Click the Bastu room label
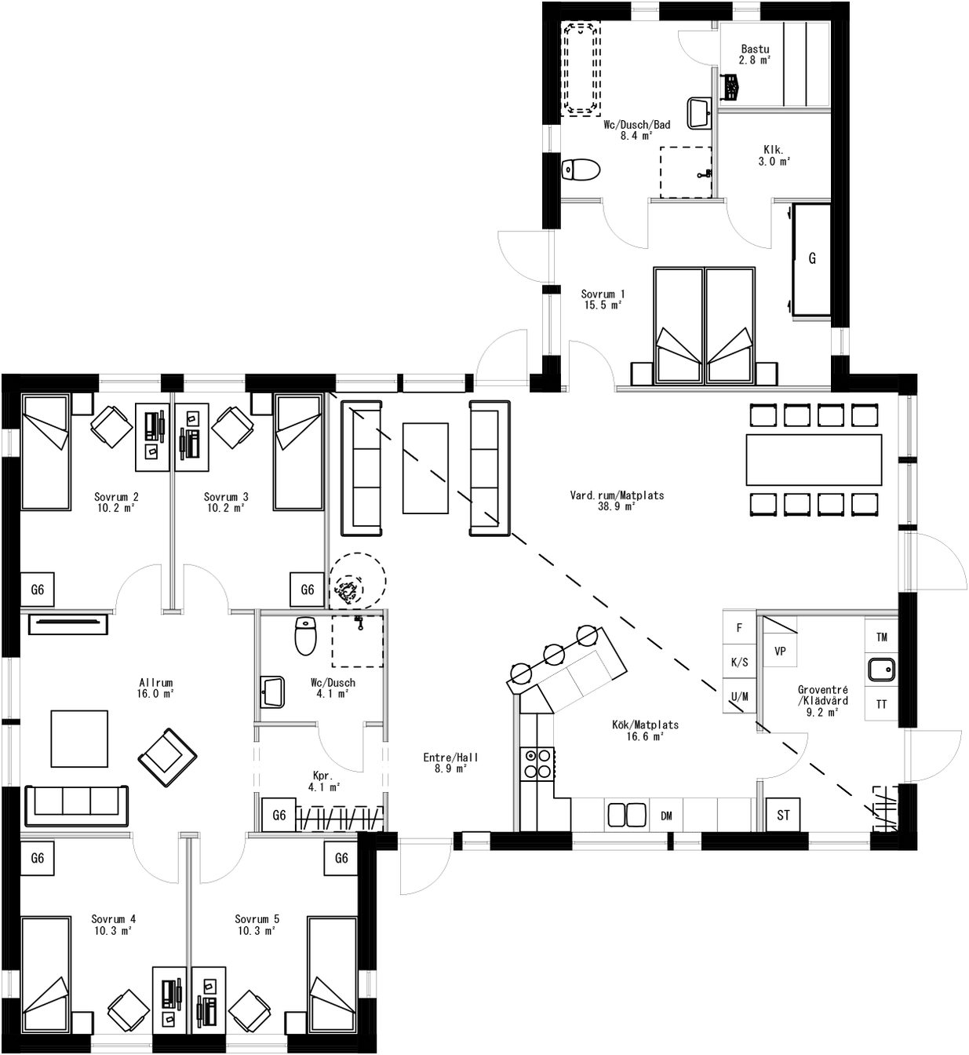pos(755,54)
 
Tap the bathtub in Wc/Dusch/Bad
pos(581,69)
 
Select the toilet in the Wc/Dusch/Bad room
pos(581,170)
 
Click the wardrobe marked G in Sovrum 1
pos(811,258)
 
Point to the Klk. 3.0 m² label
pos(774,155)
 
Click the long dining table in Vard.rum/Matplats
pos(814,459)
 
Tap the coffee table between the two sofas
pos(425,467)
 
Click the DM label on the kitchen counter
pos(666,816)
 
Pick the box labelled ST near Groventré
pos(783,816)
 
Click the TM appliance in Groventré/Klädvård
pos(882,637)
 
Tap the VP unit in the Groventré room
pos(780,652)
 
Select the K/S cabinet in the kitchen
pos(739,663)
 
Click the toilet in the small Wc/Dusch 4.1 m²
pos(305,636)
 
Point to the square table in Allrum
pos(79,738)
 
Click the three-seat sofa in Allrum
pos(77,805)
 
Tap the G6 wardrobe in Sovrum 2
pos(37,590)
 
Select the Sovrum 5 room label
pos(257,924)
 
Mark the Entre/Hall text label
pos(450,763)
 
